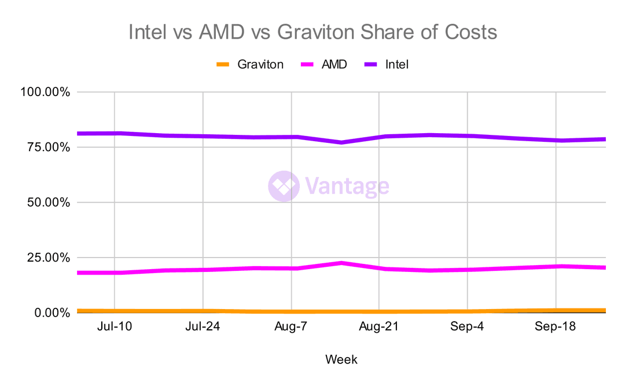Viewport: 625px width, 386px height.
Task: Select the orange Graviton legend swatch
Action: pyautogui.click(x=223, y=64)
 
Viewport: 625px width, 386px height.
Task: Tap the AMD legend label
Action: pyautogui.click(x=334, y=64)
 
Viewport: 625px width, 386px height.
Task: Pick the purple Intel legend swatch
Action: pyautogui.click(x=371, y=64)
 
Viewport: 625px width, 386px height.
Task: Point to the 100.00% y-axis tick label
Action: pyautogui.click(x=45, y=92)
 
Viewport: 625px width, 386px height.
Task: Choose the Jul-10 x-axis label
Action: pyautogui.click(x=115, y=327)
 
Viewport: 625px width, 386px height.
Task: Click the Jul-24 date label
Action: pyautogui.click(x=203, y=327)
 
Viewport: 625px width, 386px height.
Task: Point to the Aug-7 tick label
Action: pyautogui.click(x=291, y=327)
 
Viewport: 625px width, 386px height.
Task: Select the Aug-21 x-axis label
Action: pyautogui.click(x=379, y=327)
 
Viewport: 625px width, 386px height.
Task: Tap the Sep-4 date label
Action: pyautogui.click(x=468, y=327)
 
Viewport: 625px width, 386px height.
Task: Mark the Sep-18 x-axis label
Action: pyautogui.click(x=556, y=327)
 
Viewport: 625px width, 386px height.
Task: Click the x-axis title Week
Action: pyautogui.click(x=341, y=359)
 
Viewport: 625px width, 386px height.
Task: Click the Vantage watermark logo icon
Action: pyautogui.click(x=284, y=186)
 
